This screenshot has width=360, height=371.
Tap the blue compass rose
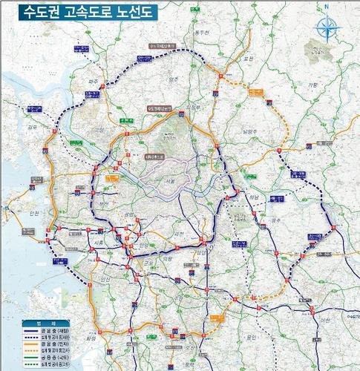point(324,27)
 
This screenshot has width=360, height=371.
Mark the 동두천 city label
point(196,33)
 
